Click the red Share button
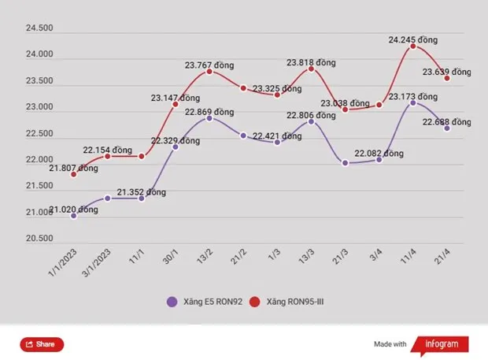tap(41, 344)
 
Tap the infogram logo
tap(442, 344)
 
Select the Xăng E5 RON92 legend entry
tap(199, 302)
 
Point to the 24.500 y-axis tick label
tap(39, 28)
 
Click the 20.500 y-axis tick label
tap(39, 239)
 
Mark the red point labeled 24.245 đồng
tap(413, 46)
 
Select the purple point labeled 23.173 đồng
tap(413, 102)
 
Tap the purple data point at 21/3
tap(345, 163)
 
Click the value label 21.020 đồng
tap(73, 210)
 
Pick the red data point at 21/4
tap(447, 78)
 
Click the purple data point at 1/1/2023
tap(73, 215)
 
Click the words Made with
tap(390, 344)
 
